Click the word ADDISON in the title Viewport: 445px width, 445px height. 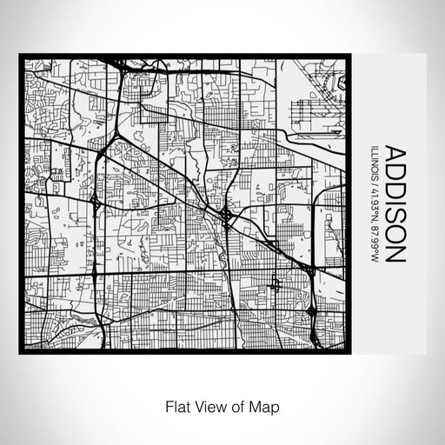393,203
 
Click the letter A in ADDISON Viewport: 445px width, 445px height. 393,153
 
